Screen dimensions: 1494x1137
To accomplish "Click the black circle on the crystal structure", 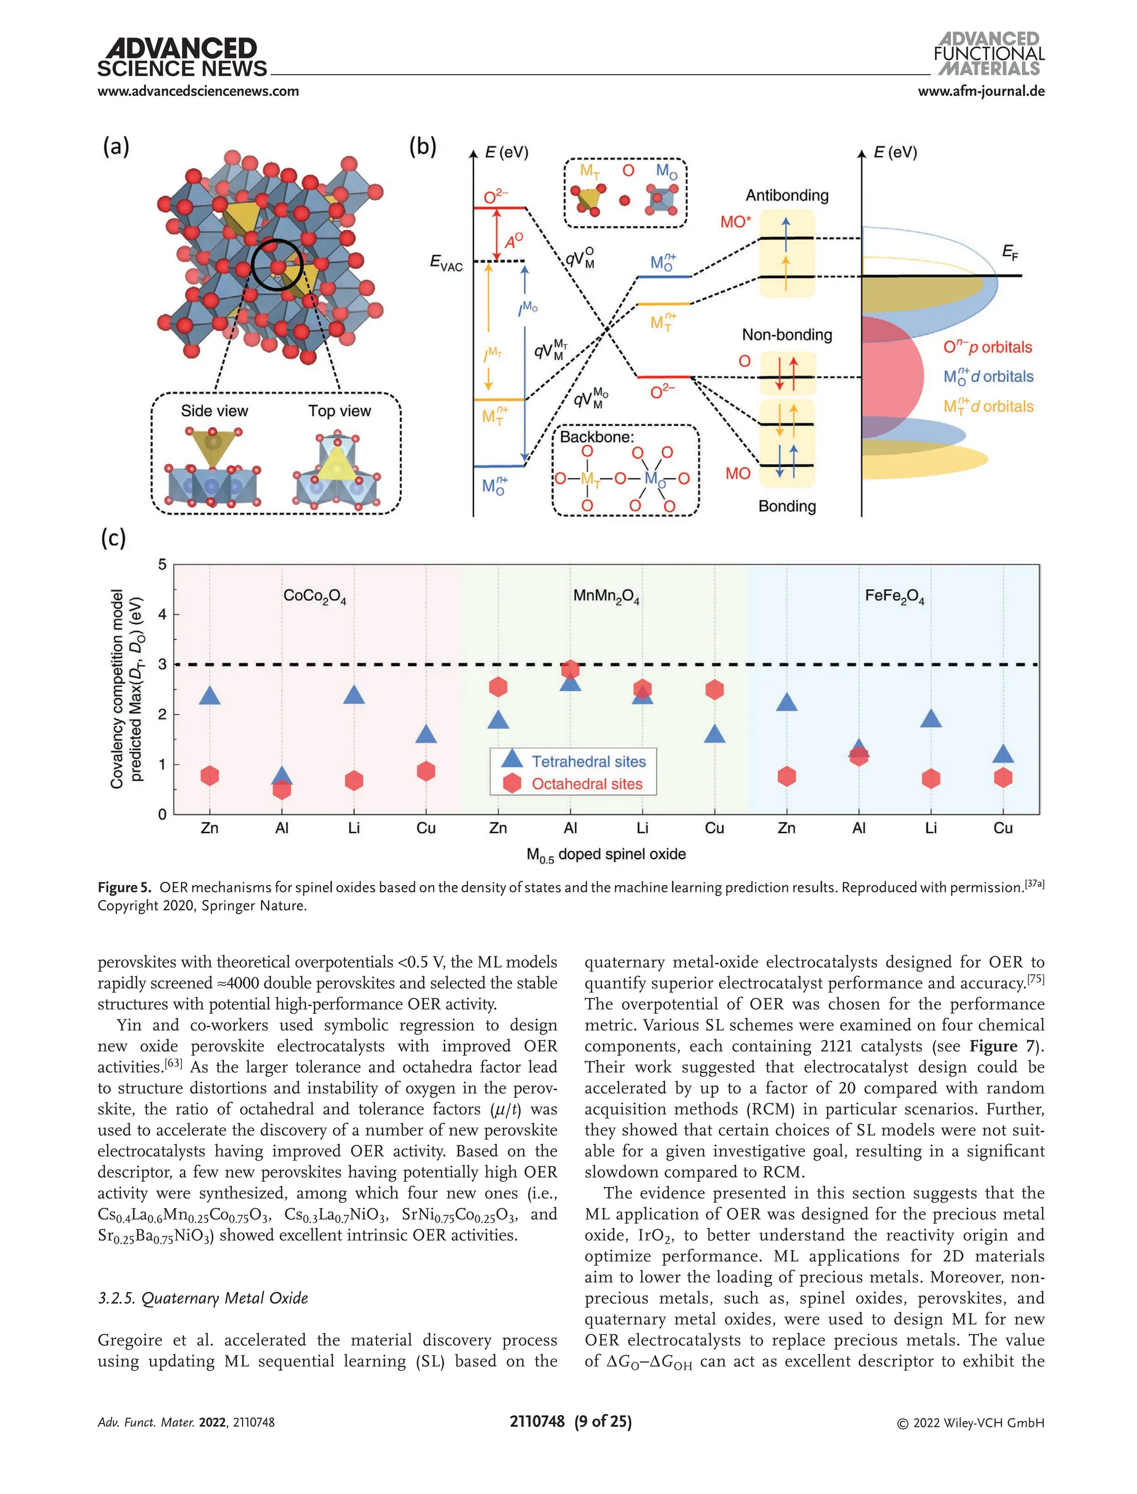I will [277, 265].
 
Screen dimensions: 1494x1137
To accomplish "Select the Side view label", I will [214, 411].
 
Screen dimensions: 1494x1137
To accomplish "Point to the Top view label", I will [339, 411].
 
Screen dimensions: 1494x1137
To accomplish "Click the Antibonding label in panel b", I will [787, 195].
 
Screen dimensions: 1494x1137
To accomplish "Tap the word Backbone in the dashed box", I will [596, 437].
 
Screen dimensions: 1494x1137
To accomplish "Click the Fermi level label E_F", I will [1010, 253].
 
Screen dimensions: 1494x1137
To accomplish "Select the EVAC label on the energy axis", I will [447, 263].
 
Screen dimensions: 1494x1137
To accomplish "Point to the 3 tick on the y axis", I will [163, 664].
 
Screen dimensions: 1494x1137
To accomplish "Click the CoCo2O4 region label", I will [315, 596].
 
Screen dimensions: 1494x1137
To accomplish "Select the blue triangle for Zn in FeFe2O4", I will [787, 703].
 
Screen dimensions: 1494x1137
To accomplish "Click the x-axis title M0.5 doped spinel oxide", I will [606, 855].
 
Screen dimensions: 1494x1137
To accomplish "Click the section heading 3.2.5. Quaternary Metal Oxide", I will [203, 1298].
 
